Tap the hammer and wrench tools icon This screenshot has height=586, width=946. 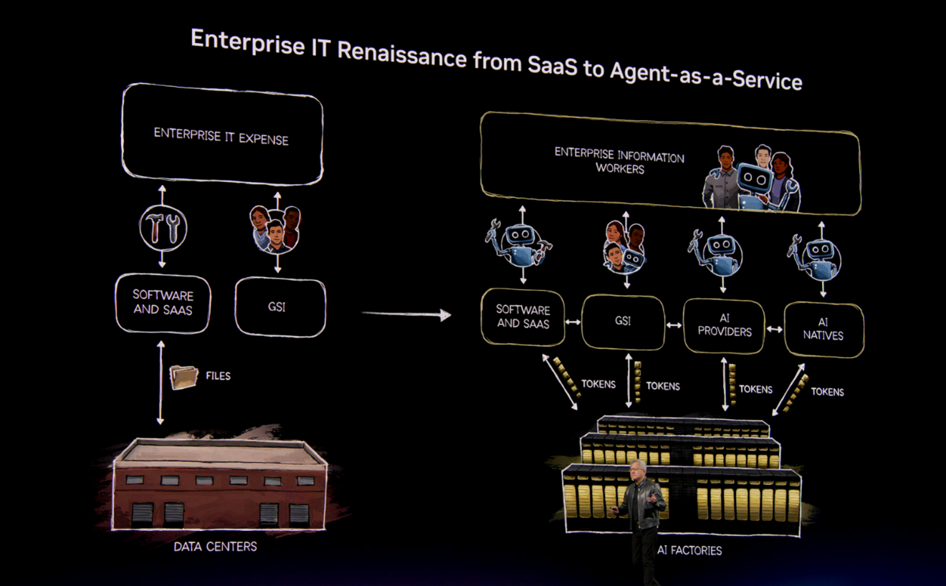[163, 228]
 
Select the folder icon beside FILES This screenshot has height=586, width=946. [183, 377]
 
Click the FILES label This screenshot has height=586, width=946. [218, 375]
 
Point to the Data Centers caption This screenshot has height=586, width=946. [215, 547]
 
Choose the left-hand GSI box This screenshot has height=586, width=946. [279, 308]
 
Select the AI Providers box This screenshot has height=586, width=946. [725, 326]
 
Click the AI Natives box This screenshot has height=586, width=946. [823, 329]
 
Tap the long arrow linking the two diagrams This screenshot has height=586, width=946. [406, 314]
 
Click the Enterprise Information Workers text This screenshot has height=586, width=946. [619, 163]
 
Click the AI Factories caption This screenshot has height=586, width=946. [689, 550]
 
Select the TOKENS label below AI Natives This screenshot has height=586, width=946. [827, 392]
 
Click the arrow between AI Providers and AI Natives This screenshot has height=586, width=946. [775, 330]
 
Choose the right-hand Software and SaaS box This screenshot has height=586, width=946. [523, 317]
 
